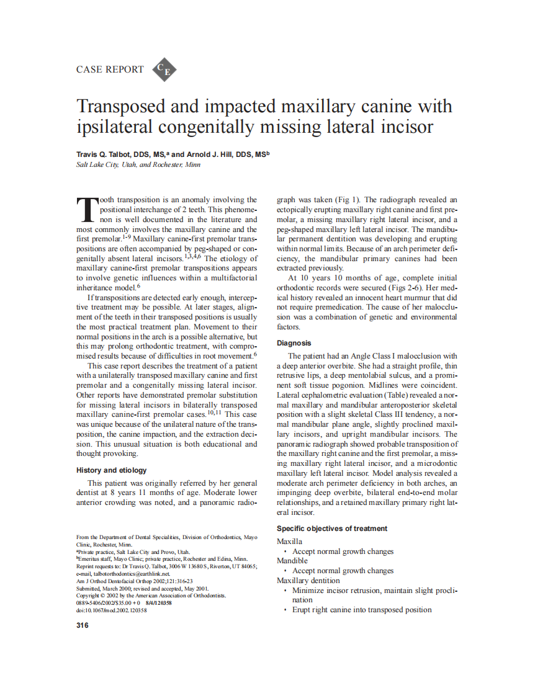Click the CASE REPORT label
(109, 69)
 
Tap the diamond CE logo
(163, 70)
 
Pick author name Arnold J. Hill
(214, 154)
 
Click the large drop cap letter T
(87, 211)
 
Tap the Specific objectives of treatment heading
(331, 529)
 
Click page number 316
(82, 625)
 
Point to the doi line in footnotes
(111, 610)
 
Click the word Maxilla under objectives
(289, 542)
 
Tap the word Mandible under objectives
(292, 561)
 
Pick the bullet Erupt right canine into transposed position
(362, 610)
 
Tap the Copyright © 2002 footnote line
(151, 596)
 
